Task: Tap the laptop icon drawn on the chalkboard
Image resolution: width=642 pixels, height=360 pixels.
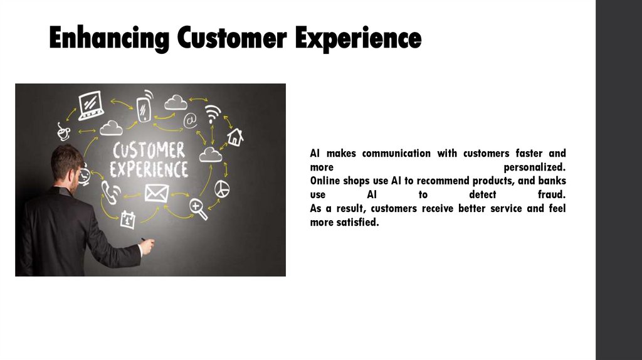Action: point(90,105)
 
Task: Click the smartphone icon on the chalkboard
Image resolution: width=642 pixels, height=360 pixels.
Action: point(145,105)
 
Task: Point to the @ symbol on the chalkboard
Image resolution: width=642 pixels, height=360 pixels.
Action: point(190,119)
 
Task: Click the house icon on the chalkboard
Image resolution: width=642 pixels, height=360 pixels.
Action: point(235,137)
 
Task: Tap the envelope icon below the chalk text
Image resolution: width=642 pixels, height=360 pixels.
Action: point(153,193)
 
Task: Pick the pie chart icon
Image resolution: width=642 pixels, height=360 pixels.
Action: point(222,188)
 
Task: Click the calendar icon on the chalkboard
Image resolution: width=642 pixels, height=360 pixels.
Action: point(128,218)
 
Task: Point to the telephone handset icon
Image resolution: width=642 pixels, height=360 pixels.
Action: point(110,193)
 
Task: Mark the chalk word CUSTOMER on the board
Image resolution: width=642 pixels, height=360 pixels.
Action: point(149,151)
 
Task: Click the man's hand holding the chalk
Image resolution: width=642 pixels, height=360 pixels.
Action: point(146,246)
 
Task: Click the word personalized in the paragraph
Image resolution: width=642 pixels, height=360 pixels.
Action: point(534,167)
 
